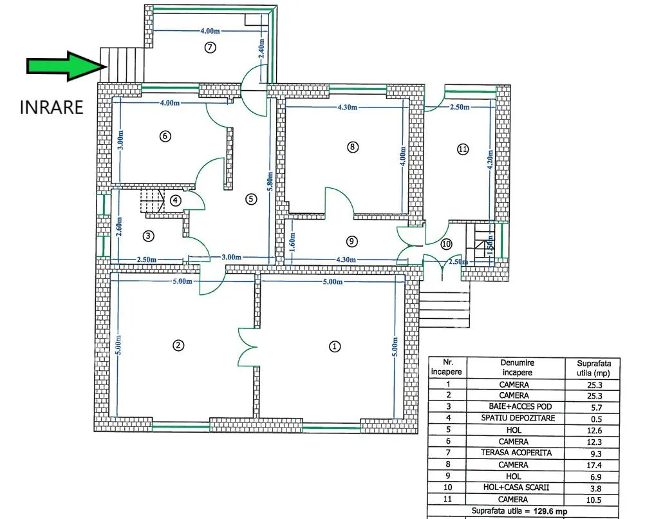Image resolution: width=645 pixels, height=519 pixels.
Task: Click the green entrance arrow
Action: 66,66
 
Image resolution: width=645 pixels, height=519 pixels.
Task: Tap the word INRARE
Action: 51,108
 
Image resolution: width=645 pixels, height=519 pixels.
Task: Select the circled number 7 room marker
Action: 210,48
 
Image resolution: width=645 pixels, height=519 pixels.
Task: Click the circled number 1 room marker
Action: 335,346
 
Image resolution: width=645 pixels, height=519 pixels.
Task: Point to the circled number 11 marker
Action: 463,149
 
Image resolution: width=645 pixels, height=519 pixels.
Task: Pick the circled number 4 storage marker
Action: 176,200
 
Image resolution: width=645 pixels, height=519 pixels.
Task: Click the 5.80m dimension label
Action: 270,182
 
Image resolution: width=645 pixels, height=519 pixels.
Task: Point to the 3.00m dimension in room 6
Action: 120,140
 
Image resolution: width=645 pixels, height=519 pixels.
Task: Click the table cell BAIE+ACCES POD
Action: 514,407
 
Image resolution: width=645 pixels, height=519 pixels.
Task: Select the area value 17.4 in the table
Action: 594,466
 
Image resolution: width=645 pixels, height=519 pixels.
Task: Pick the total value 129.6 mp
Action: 550,511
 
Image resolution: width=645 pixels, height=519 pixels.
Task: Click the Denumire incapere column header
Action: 517,368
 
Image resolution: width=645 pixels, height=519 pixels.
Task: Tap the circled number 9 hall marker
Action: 351,241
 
